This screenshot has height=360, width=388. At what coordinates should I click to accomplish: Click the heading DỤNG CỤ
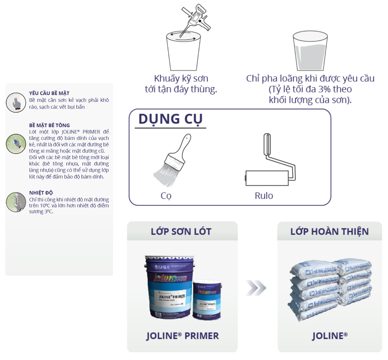point(170,119)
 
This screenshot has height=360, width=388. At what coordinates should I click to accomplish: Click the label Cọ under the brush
point(166,196)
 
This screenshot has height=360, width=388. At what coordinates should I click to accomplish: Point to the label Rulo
point(264,196)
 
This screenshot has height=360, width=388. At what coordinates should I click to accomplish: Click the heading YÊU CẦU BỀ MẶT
point(49,93)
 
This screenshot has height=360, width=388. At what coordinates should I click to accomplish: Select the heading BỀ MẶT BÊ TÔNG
point(49,125)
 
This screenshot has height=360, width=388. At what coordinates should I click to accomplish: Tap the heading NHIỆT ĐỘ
point(41,193)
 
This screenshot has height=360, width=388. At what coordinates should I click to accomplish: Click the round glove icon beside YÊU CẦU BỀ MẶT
point(16,102)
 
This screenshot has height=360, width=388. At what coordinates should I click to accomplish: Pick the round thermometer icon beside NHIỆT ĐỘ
point(16,202)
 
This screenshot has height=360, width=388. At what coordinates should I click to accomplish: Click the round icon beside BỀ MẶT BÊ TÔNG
point(16,144)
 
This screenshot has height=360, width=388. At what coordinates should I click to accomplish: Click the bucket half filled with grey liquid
point(310,51)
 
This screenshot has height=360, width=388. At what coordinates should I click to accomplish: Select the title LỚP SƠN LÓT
point(181,232)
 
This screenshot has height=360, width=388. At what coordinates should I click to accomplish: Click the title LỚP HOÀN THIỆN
point(329,232)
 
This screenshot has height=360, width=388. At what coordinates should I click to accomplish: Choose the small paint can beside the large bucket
point(207,300)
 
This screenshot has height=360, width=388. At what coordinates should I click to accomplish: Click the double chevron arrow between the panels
point(256,288)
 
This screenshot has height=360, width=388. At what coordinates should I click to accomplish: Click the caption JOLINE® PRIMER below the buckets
point(182,336)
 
